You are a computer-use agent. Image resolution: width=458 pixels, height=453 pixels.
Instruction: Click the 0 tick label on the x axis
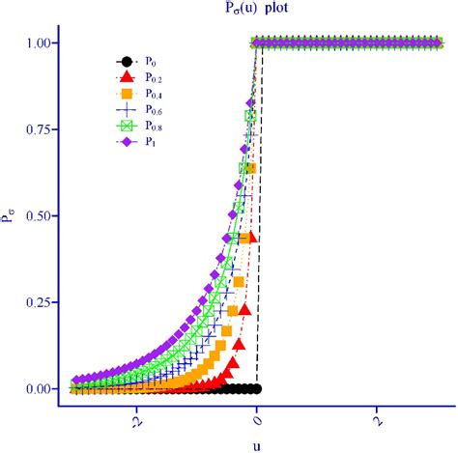257,421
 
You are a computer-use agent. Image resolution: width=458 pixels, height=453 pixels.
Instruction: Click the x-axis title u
257,444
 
